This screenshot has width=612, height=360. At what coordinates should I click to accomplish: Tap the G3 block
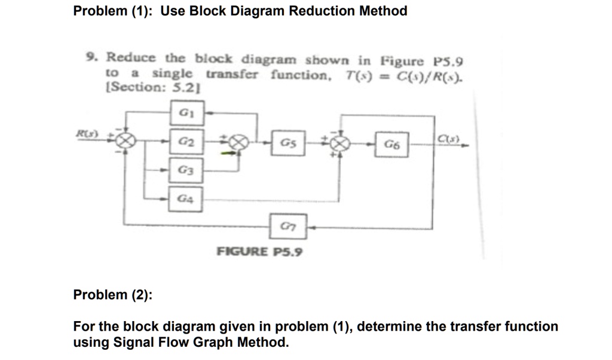[x=187, y=169]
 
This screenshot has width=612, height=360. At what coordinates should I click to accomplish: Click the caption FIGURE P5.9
[x=259, y=251]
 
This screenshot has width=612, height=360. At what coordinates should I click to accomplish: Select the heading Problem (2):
[x=112, y=294]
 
